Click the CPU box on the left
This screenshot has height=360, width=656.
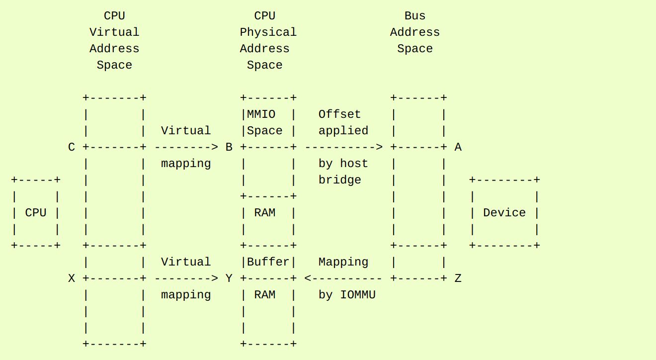(35, 213)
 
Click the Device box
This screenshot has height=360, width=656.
(504, 213)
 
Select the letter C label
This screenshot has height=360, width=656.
(72, 147)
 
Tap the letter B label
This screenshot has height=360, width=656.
(229, 147)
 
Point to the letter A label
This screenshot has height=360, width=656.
(458, 147)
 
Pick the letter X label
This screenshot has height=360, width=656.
(72, 278)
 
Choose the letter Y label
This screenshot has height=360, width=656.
(229, 278)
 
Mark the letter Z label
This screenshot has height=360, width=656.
(458, 278)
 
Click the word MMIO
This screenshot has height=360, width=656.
(261, 114)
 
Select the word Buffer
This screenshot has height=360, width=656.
(268, 262)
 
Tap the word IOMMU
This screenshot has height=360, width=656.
(358, 295)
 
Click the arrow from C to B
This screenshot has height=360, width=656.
(186, 147)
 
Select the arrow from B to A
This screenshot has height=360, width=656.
(343, 147)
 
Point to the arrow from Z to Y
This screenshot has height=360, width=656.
(343, 278)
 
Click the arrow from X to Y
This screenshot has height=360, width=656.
(186, 278)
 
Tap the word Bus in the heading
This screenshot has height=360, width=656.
(415, 16)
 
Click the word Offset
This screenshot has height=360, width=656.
(339, 114)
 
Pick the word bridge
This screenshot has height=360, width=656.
(339, 180)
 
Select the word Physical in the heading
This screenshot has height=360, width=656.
(268, 32)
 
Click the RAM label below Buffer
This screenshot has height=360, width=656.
(264, 295)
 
